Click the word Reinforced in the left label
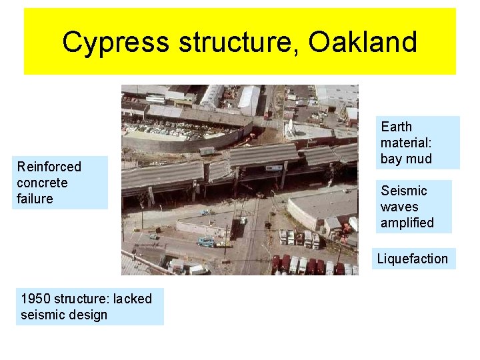coord(49,167)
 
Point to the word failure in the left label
coord(35,199)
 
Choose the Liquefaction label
coord(413,259)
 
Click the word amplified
coord(407,223)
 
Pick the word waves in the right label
coord(399,207)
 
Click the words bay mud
coord(406,159)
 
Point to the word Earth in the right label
coord(396,127)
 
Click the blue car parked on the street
coord(205,242)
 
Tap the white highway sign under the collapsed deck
coord(273,168)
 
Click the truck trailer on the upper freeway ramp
coord(207,151)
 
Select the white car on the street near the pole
coord(243,220)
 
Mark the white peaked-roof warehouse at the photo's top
coord(249,99)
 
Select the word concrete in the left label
coord(42,183)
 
